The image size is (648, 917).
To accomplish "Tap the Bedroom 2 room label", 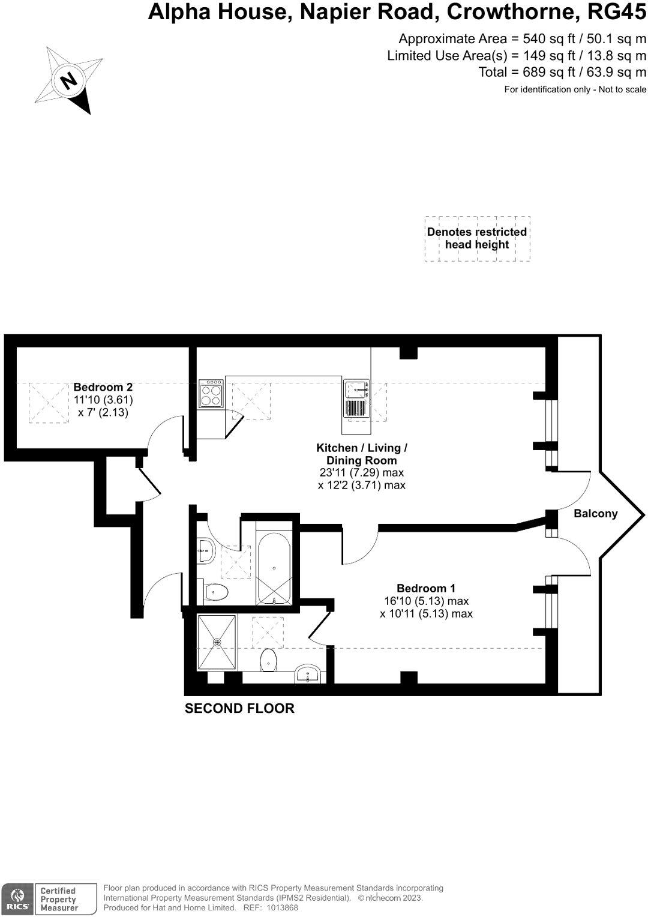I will (x=103, y=387).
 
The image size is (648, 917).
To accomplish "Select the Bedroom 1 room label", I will (x=426, y=588).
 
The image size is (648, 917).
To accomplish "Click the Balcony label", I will (x=595, y=514).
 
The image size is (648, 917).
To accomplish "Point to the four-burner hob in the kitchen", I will (x=211, y=394).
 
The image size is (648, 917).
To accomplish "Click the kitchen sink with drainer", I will (x=356, y=398).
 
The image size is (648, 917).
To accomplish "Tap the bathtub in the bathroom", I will (x=274, y=568).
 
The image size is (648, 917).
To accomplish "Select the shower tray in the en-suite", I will (x=217, y=642).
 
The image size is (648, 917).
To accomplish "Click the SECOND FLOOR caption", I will (x=239, y=709).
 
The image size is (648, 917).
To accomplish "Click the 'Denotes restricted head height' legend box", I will (x=477, y=238).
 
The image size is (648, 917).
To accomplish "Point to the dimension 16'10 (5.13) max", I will (x=426, y=601).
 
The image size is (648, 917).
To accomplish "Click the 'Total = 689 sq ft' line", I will (x=562, y=73).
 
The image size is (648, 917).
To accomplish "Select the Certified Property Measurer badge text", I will (x=59, y=900).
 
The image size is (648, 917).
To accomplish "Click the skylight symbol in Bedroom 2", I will (x=49, y=402).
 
